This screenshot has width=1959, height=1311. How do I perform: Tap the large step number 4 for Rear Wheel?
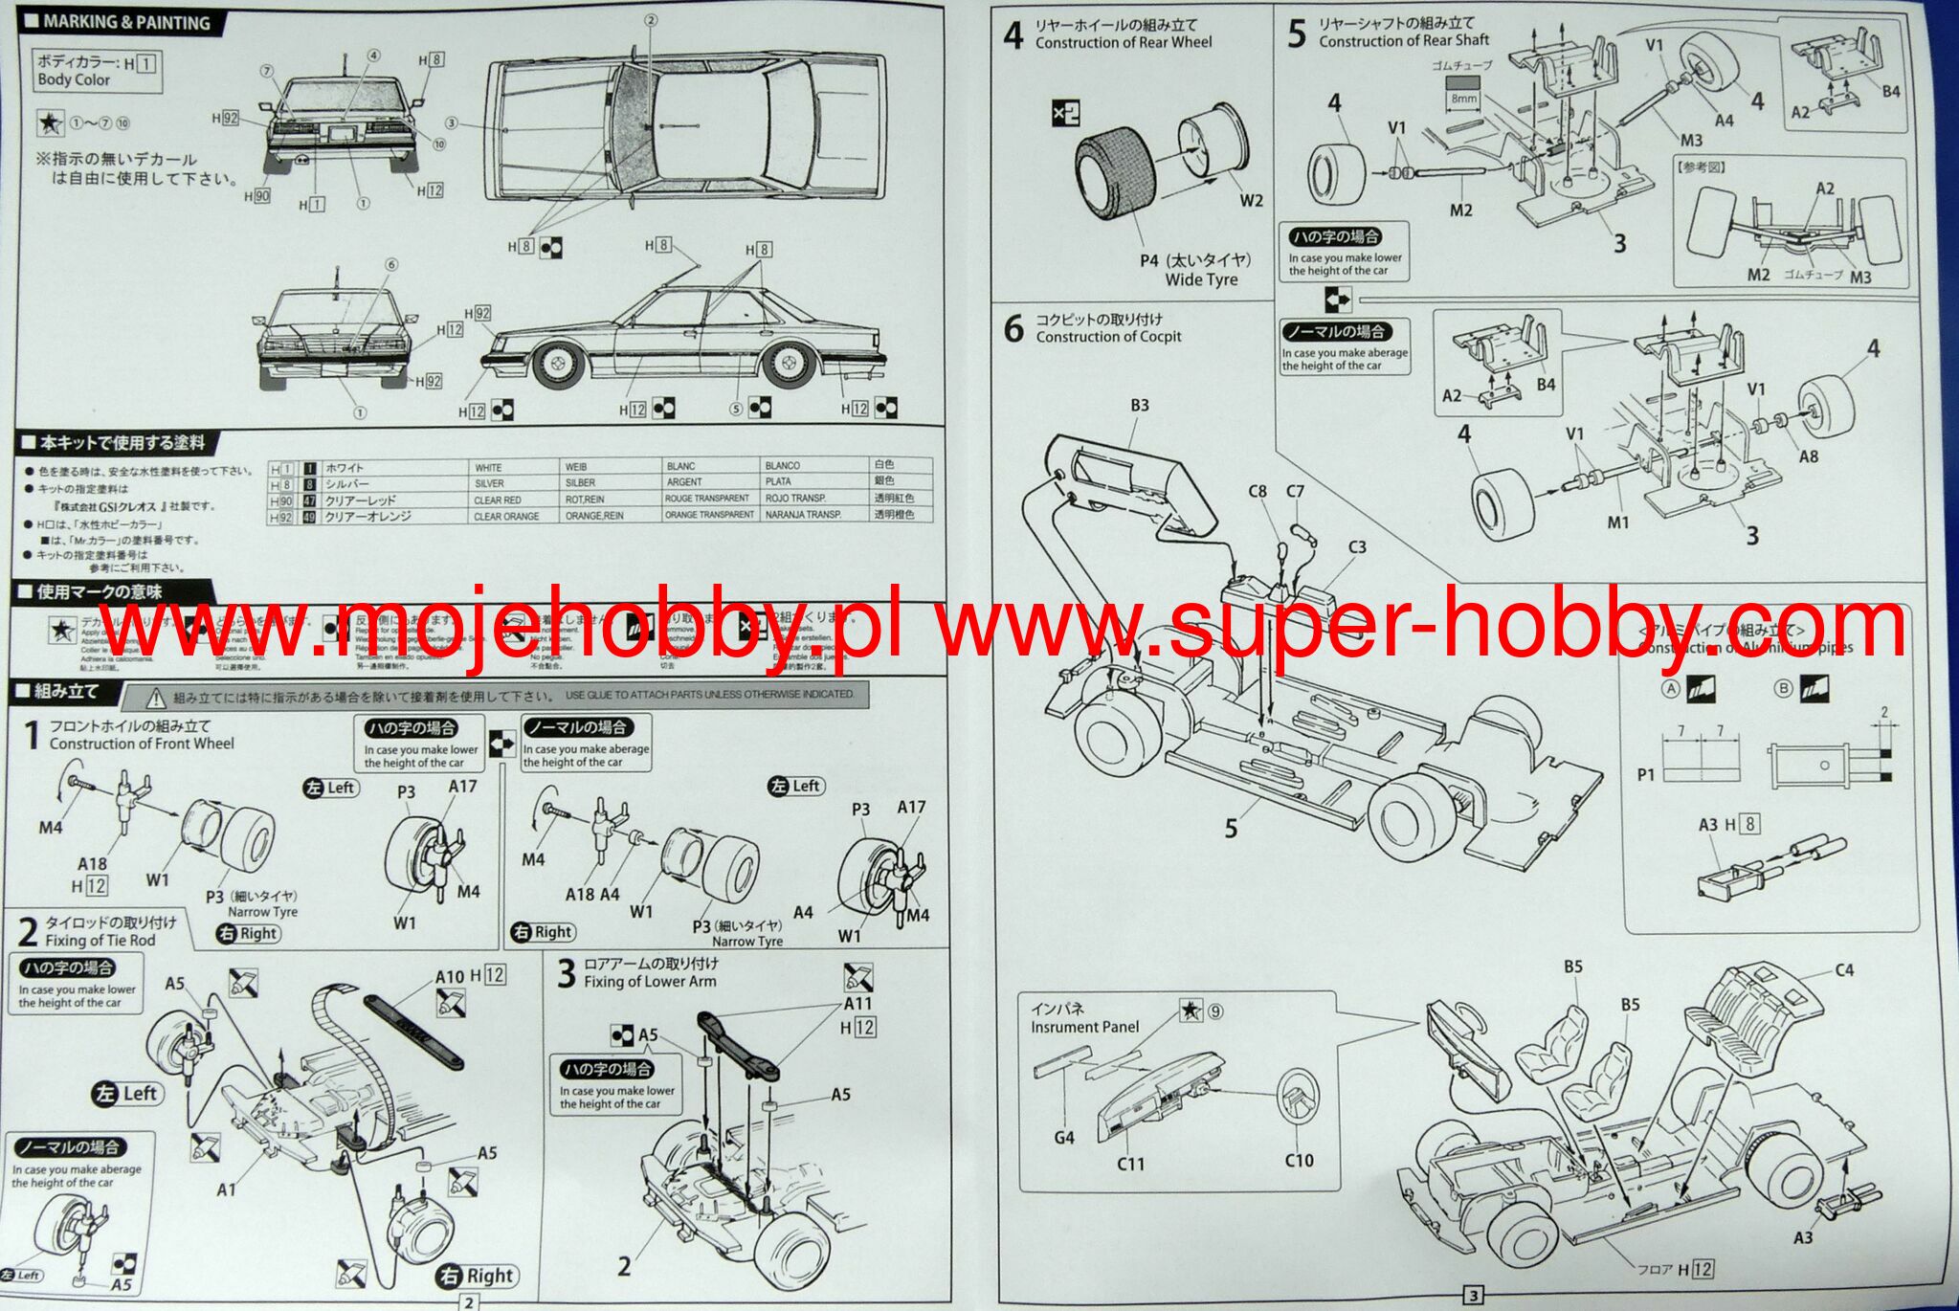tap(1013, 36)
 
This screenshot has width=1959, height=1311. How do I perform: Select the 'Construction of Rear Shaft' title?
tap(1404, 40)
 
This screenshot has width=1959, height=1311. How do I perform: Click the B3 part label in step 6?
tap(1139, 405)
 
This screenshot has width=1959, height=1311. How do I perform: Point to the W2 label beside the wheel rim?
tap(1251, 200)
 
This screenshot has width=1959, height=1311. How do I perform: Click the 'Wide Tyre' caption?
tap(1201, 279)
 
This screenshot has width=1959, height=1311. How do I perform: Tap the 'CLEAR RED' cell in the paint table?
tap(498, 500)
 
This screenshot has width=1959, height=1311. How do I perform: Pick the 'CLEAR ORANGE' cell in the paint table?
tap(506, 516)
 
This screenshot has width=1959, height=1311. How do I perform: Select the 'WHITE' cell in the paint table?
tap(488, 468)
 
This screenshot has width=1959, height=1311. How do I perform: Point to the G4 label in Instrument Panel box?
tap(1063, 1137)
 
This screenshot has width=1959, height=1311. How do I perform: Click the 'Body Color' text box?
tap(96, 71)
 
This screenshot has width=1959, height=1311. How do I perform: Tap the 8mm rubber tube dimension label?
tap(1464, 98)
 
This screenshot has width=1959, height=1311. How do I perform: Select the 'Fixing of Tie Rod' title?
tap(100, 940)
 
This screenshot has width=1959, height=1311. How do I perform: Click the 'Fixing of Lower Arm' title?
tap(650, 981)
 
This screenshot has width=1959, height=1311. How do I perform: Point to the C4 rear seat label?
tap(1844, 970)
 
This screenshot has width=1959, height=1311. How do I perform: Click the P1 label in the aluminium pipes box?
tap(1646, 774)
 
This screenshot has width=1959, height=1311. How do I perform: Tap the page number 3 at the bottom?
tap(1474, 1296)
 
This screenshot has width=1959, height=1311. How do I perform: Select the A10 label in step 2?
tap(449, 977)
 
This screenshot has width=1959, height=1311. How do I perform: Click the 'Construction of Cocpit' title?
tap(1108, 336)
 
